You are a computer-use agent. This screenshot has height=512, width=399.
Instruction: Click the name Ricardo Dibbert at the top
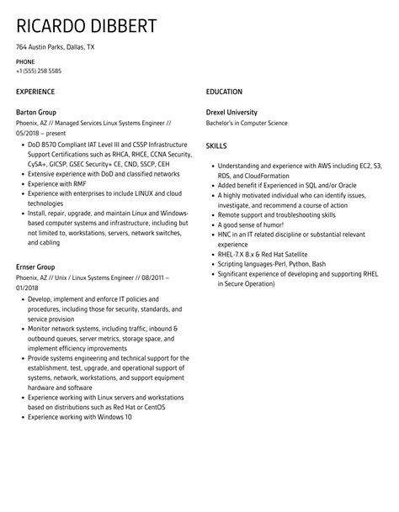click(86, 26)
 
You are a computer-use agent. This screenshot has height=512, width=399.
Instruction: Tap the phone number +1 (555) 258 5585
click(38, 71)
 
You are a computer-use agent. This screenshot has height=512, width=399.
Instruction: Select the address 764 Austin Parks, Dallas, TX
click(56, 47)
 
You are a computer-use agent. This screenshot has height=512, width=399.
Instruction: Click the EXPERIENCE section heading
click(35, 92)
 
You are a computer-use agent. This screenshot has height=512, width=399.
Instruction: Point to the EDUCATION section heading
click(224, 92)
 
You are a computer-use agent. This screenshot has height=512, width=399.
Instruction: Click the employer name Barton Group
click(36, 112)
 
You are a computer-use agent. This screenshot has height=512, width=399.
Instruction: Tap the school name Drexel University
click(231, 112)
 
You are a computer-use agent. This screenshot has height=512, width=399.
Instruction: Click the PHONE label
click(25, 62)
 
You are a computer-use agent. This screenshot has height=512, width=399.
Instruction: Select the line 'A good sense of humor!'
click(251, 225)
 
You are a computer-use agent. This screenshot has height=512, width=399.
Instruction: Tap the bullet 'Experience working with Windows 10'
click(79, 416)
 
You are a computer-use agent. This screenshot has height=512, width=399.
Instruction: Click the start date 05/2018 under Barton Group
click(29, 132)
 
